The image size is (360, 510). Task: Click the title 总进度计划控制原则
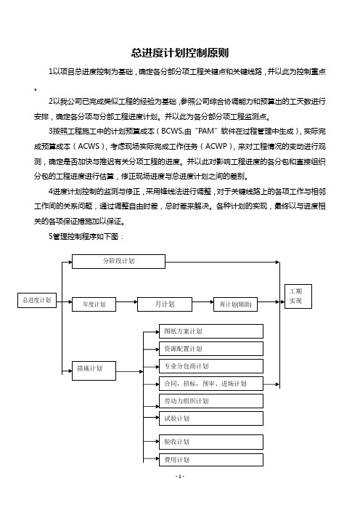point(180,53)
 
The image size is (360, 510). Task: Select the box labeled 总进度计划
point(37,300)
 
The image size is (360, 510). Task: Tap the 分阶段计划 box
point(118,262)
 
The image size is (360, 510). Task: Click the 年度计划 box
point(94,304)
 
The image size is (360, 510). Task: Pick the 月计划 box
point(165,304)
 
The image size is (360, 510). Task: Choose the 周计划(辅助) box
point(236,304)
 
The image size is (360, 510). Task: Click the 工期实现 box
point(298,296)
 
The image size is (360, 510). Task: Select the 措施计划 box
point(94,371)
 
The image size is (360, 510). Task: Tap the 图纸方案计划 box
point(211,331)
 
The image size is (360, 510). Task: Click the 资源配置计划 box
point(211,349)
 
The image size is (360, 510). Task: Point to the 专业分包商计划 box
point(211,366)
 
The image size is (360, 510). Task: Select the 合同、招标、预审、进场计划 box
point(211,384)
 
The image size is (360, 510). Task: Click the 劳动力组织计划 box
point(211,401)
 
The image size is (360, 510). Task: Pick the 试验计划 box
point(211,418)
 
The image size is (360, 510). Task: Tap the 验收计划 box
point(211,442)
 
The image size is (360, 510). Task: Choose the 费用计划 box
point(211,460)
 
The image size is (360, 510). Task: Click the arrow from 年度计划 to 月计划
point(127,301)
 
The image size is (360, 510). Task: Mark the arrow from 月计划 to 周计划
point(202,301)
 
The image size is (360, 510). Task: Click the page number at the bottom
point(180,477)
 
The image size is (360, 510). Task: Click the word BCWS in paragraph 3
point(172,131)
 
